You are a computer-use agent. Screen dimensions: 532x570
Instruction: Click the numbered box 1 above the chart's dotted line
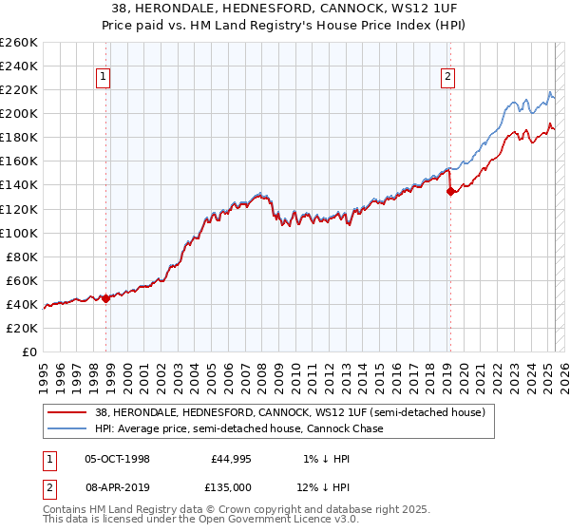tap(103, 79)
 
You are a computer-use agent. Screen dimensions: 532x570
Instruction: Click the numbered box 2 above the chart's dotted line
tap(447, 79)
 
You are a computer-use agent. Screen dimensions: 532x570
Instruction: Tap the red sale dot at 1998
tap(105, 298)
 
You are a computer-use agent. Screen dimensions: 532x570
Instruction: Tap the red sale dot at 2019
tap(450, 191)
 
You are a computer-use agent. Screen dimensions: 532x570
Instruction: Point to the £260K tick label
tap(19, 43)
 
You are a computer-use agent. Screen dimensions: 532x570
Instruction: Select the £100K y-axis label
tap(19, 233)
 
